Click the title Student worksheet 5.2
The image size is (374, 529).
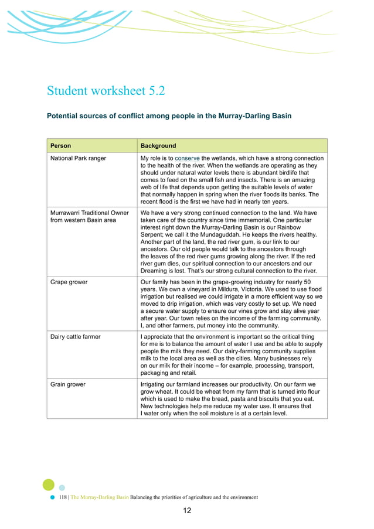(106, 91)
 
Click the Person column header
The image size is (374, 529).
(61, 146)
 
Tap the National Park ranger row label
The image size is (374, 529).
(79, 158)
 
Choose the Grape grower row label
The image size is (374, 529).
(69, 282)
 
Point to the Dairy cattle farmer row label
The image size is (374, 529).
(76, 337)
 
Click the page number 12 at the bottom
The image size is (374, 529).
(187, 511)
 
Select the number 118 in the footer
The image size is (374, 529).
(63, 497)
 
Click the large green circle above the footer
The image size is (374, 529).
(49, 484)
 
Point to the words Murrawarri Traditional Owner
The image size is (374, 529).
(90, 213)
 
